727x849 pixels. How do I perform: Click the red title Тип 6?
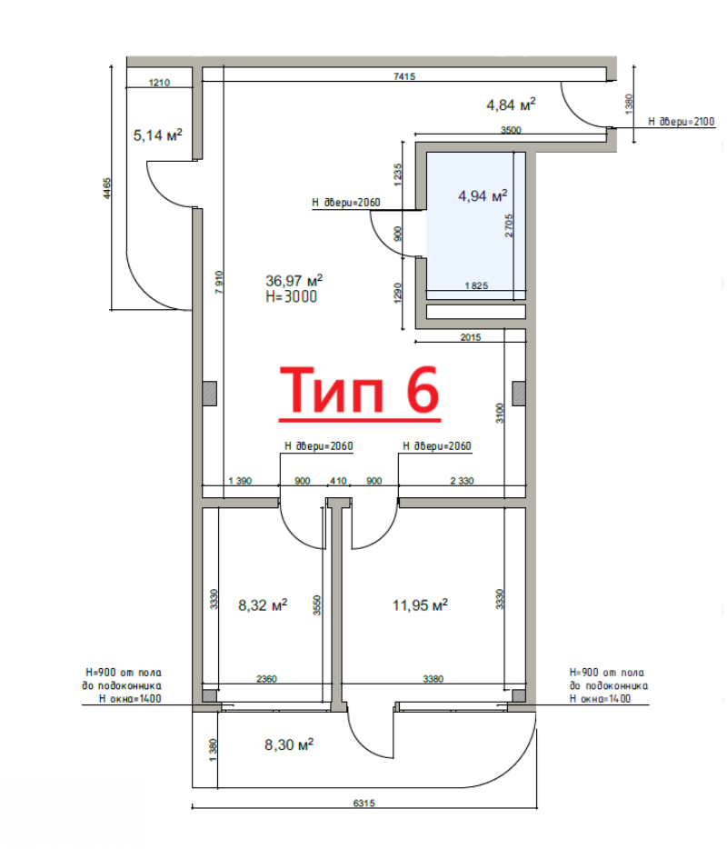360,390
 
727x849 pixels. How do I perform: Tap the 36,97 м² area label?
294,281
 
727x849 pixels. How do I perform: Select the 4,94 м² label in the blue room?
483,195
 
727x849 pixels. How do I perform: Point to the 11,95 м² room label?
420,604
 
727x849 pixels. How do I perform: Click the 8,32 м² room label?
263,604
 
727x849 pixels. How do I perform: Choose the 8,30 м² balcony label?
289,744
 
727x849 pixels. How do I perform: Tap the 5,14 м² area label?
157,135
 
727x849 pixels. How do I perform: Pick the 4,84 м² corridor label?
511,104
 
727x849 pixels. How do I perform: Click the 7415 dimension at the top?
404,76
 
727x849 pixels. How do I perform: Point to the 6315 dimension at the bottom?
363,803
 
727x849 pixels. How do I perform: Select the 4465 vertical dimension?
106,188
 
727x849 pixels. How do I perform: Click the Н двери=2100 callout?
682,122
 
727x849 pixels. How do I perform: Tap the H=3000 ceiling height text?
291,296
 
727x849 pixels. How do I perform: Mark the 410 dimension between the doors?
338,481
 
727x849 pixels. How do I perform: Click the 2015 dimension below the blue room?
471,337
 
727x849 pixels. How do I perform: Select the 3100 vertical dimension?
500,413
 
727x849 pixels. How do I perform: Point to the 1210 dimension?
159,83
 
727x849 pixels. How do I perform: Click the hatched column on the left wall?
210,394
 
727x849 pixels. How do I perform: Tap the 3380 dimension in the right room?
433,678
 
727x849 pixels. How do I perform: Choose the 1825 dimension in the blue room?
476,285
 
